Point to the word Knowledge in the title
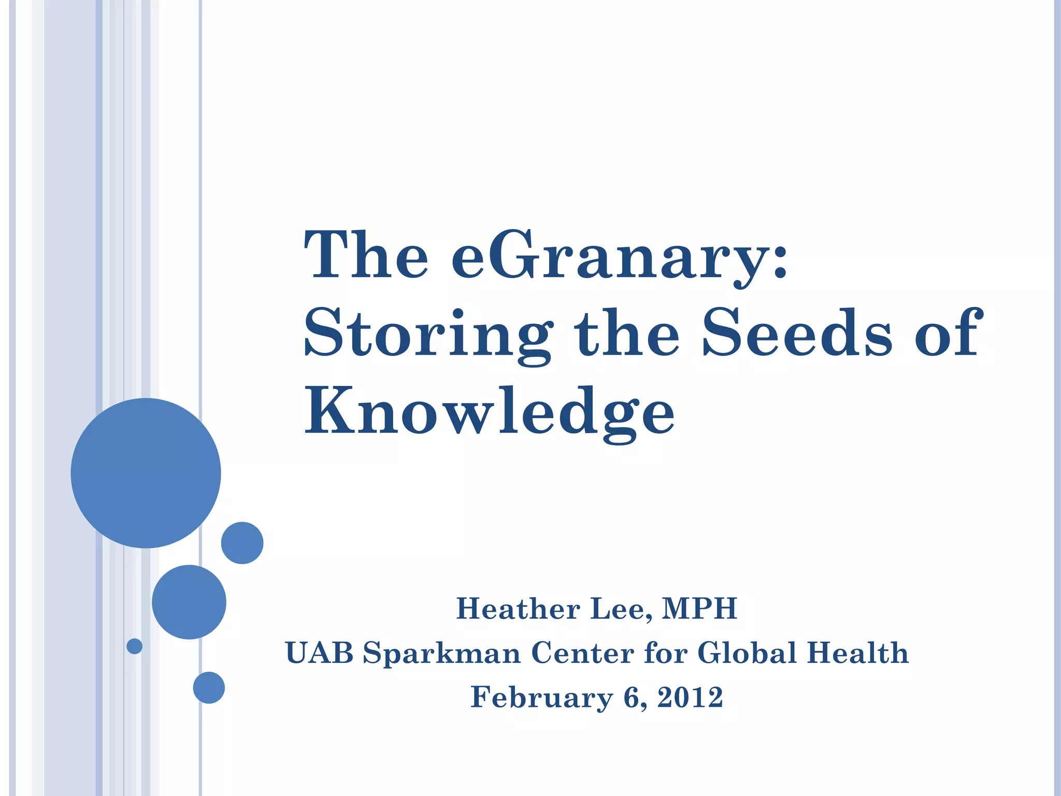click(x=489, y=412)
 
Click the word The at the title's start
click(x=366, y=255)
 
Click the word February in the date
click(x=541, y=698)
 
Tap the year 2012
click(x=690, y=697)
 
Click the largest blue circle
click(x=146, y=473)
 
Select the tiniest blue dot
click(x=134, y=646)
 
